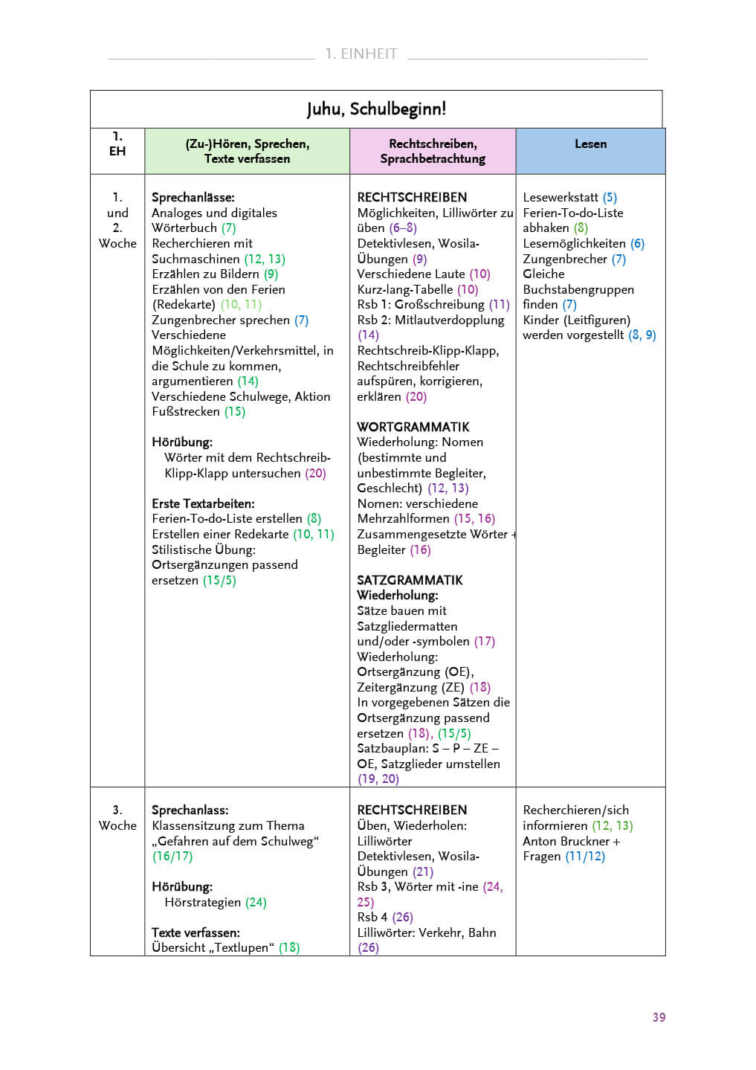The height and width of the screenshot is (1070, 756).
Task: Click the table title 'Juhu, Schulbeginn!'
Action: [x=376, y=109]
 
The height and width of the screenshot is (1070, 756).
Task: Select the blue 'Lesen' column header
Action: [x=590, y=144]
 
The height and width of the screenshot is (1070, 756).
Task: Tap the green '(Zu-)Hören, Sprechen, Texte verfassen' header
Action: [x=247, y=151]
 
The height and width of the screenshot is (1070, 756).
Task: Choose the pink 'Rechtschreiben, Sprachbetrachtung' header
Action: [x=433, y=151]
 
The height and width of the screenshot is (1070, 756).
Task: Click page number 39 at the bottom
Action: [x=659, y=1017]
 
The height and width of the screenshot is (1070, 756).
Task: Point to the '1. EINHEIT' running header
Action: [x=361, y=54]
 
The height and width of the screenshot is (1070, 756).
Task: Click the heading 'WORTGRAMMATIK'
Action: [x=413, y=427]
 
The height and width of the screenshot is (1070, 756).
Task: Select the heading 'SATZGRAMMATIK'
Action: [x=410, y=580]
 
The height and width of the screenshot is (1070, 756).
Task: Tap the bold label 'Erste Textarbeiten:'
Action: [x=203, y=503]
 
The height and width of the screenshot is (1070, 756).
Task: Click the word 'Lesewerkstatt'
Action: [x=560, y=197]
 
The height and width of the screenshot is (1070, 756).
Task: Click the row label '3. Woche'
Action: [x=117, y=818]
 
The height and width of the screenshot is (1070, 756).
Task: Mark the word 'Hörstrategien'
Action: [x=202, y=902]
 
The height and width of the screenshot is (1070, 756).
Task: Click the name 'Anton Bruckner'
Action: [x=566, y=841]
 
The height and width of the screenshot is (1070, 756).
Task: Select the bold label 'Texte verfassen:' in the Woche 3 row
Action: [x=196, y=932]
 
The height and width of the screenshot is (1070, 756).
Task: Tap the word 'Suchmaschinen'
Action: [x=196, y=259]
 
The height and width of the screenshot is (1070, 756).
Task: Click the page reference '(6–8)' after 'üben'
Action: [x=402, y=228]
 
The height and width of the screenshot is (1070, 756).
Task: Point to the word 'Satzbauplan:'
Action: [x=392, y=748]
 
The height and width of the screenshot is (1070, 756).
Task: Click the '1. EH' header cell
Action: [x=117, y=144]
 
